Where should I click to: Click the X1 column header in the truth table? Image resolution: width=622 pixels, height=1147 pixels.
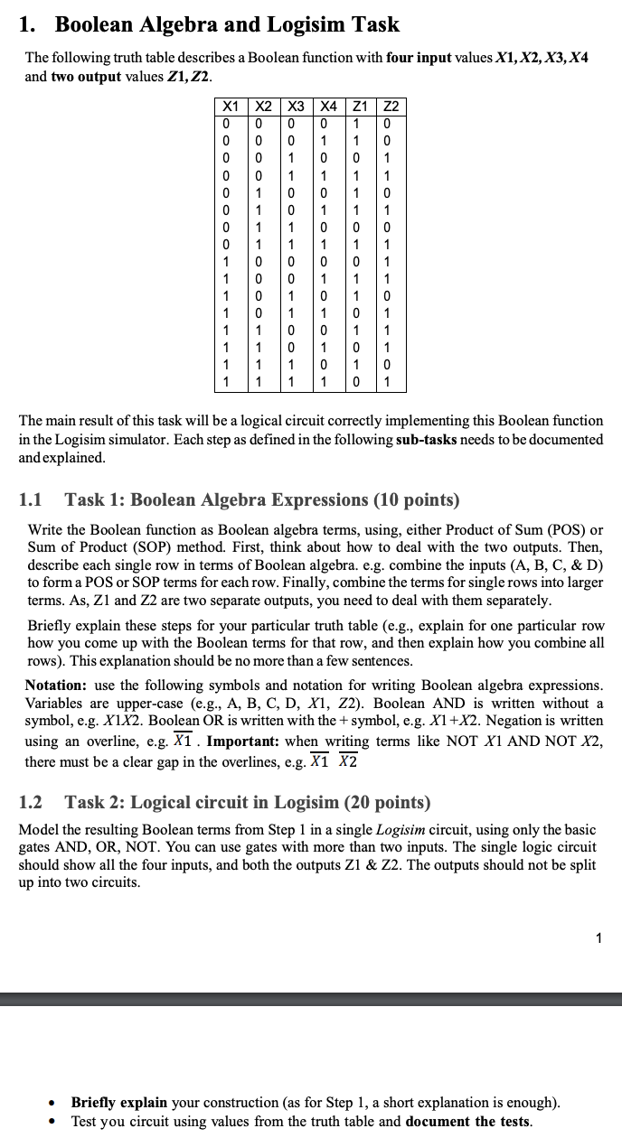(231, 107)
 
